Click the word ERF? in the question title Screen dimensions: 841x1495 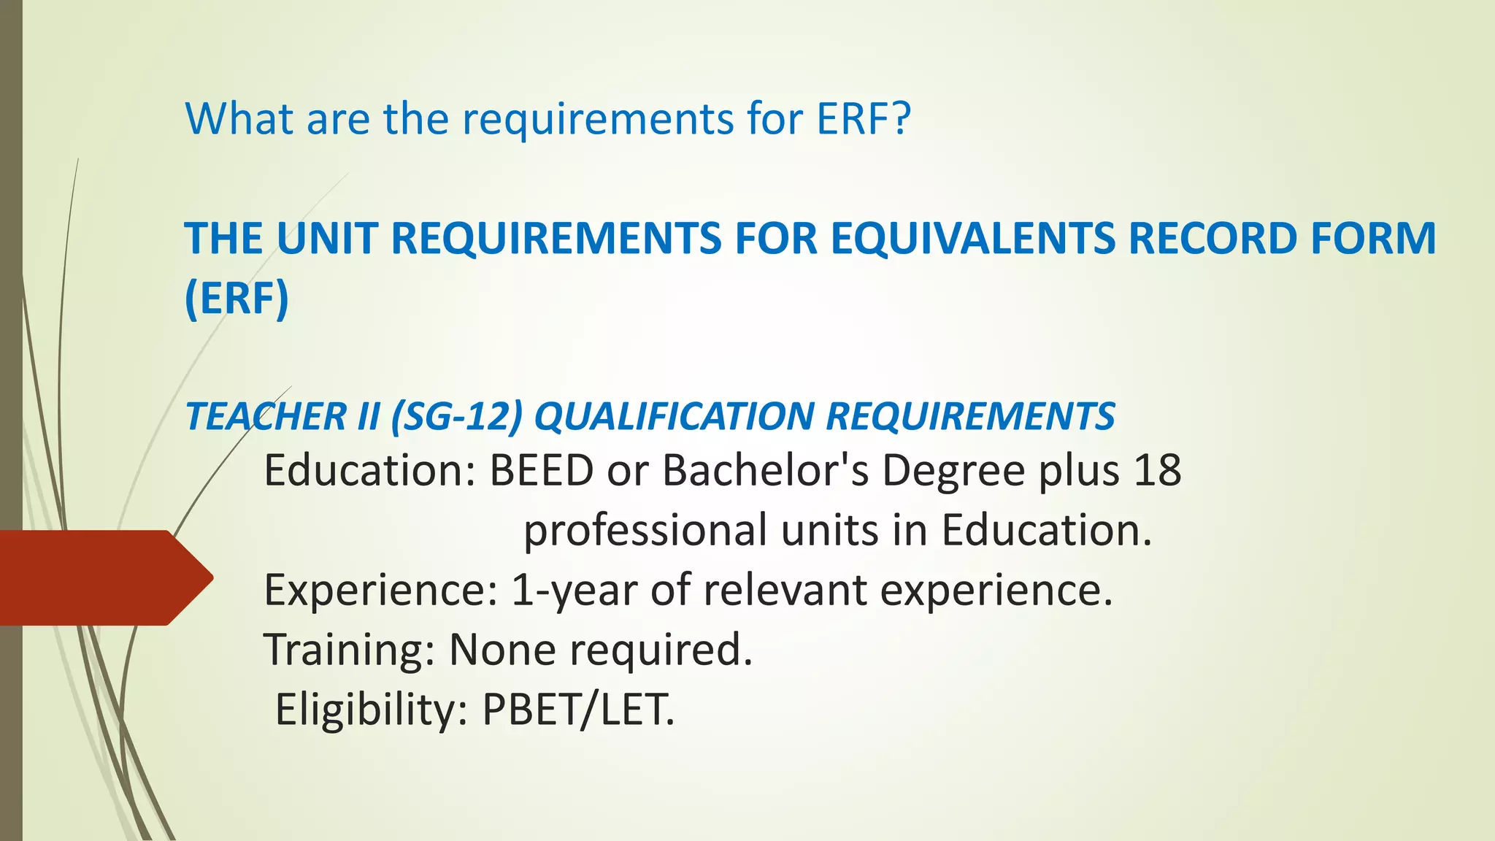[x=864, y=118]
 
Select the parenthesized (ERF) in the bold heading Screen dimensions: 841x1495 [x=237, y=299]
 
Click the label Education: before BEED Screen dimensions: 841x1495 [x=370, y=470]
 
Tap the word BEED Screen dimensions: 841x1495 [x=541, y=470]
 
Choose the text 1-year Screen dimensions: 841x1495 [x=574, y=591]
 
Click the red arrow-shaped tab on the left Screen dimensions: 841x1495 [x=102, y=577]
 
